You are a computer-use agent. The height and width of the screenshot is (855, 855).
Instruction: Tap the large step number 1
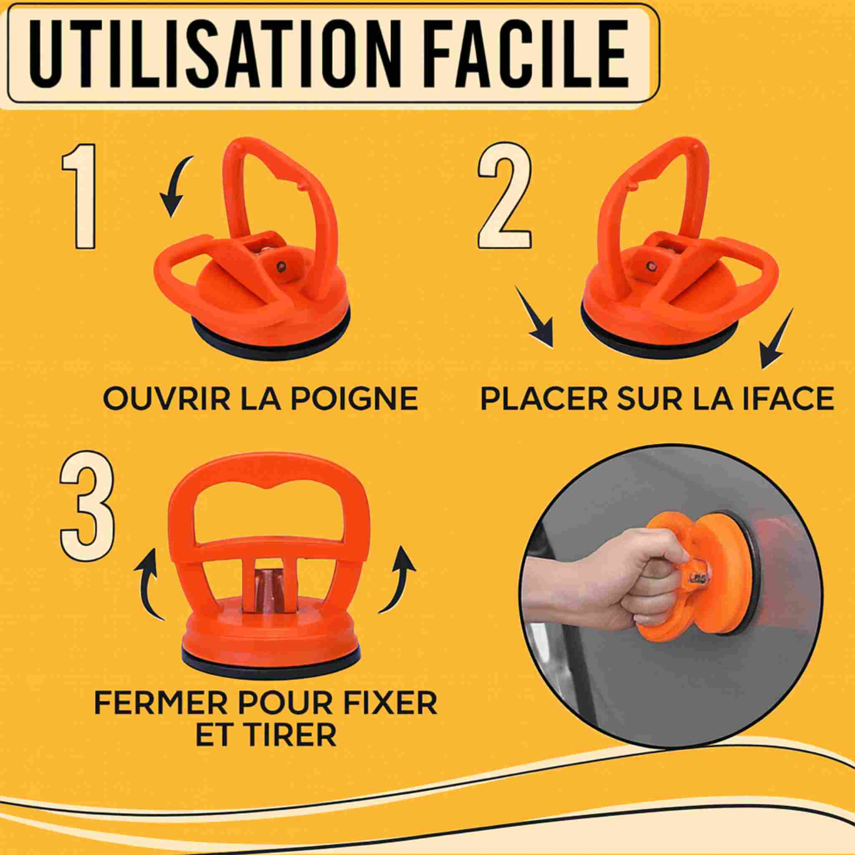pos(79,196)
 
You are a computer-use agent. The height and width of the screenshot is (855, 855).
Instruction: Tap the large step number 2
pos(505,197)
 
